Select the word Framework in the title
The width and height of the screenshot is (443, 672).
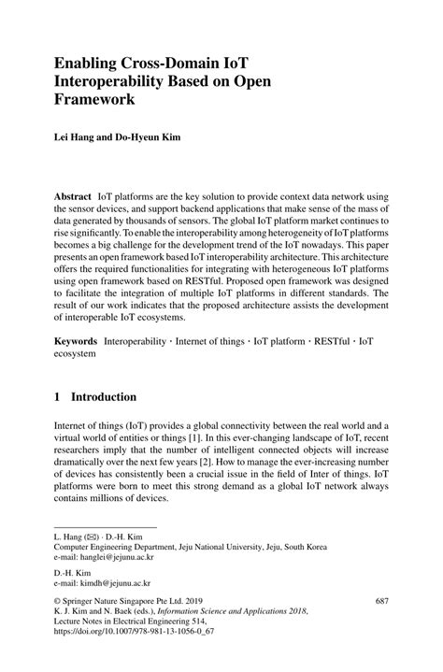pyautogui.click(x=94, y=97)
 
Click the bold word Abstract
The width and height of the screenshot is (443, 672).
pyautogui.click(x=73, y=199)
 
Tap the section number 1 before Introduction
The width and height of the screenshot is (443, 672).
pyautogui.click(x=58, y=395)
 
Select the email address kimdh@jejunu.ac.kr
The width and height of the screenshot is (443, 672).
pyautogui.click(x=114, y=579)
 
